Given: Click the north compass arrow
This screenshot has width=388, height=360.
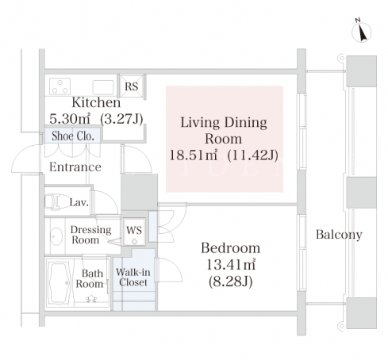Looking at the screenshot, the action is [361, 32].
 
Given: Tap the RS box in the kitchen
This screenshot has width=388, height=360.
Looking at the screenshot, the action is [132, 86].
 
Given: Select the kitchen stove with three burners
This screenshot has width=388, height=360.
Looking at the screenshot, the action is [60, 86].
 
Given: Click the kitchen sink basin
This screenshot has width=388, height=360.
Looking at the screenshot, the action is [103, 87].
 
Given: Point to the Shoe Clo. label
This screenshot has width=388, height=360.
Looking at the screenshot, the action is [73, 136].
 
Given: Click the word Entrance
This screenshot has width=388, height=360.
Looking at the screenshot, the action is [75, 167].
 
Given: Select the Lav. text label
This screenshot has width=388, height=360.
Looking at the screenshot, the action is [79, 202].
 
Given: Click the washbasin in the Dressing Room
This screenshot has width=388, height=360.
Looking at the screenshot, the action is [56, 236].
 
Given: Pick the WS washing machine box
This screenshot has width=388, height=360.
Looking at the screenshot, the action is [134, 232].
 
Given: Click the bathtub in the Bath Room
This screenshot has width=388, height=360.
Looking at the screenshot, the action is [60, 283].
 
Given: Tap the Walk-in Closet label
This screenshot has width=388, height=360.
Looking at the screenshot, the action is [133, 277].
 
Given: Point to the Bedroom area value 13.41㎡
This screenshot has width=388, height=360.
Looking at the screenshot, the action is [231, 264].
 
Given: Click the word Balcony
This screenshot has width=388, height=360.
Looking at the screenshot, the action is [339, 235].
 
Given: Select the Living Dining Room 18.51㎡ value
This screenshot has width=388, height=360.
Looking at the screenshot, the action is [194, 155].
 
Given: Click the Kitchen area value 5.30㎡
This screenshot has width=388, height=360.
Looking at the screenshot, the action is [70, 119].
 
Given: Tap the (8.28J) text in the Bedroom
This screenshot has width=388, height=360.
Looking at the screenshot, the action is [231, 281].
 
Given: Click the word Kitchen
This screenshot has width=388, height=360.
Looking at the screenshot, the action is [96, 102].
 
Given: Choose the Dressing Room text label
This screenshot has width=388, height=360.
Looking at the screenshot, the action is [90, 235].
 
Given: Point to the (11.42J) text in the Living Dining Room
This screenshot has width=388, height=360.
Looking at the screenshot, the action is [253, 155].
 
